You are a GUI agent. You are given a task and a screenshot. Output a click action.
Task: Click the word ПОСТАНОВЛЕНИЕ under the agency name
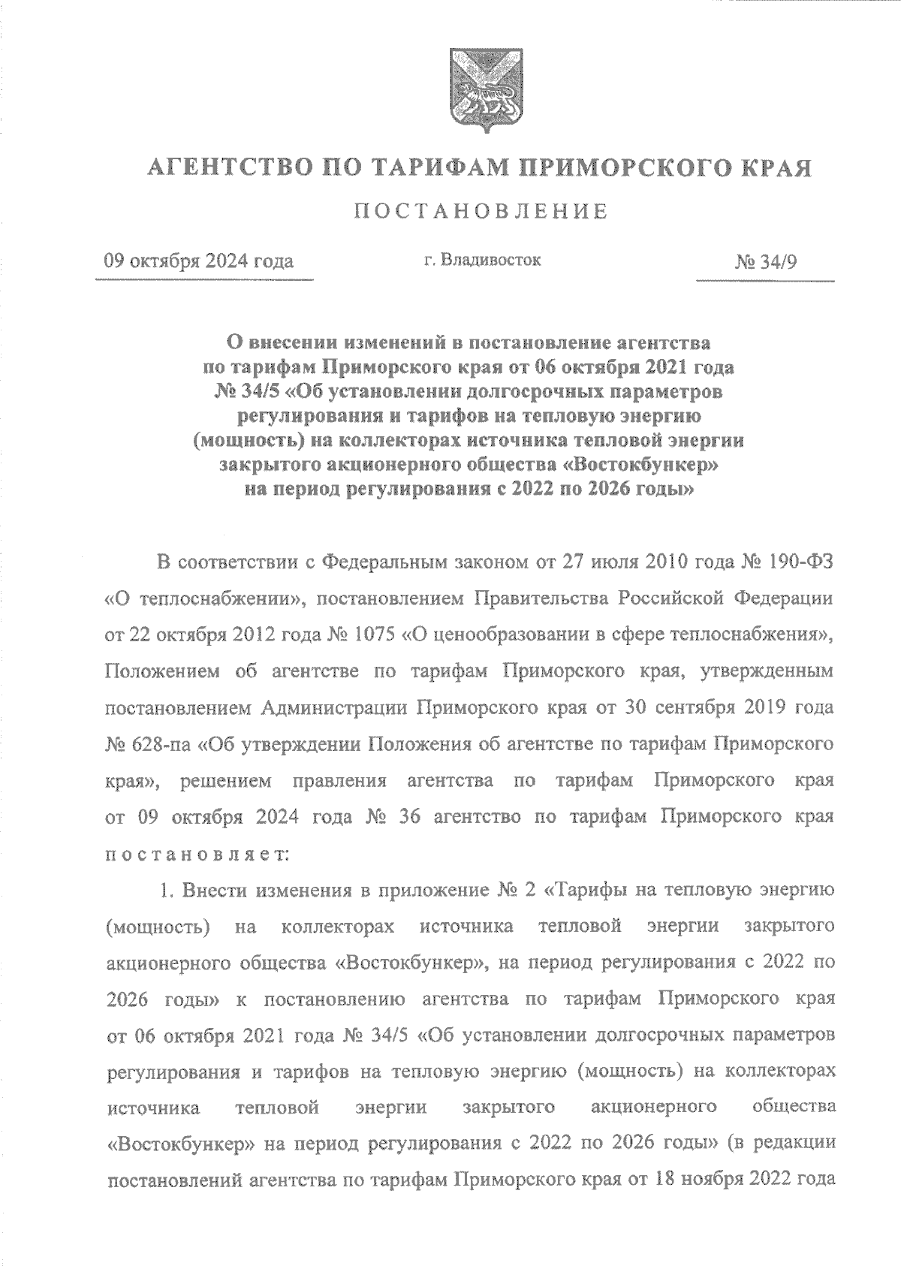click(481, 212)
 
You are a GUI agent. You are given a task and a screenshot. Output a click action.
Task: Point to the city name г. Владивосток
click(481, 261)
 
